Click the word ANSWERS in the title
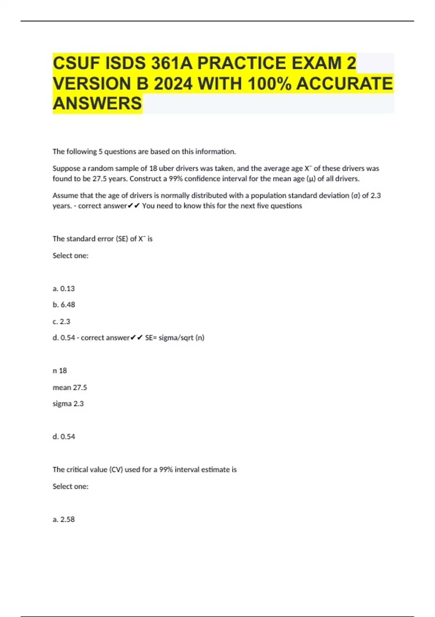coord(97,103)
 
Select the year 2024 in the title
coord(173,84)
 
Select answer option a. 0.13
coord(64,289)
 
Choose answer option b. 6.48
coord(64,305)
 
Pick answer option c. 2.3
coord(61,322)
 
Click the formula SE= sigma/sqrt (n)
coord(175,338)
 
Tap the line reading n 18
coord(60,371)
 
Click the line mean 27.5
coord(70,388)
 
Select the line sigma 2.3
coord(68,404)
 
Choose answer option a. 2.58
coord(64,519)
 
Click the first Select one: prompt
coord(70,256)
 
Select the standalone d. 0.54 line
coord(64,437)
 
